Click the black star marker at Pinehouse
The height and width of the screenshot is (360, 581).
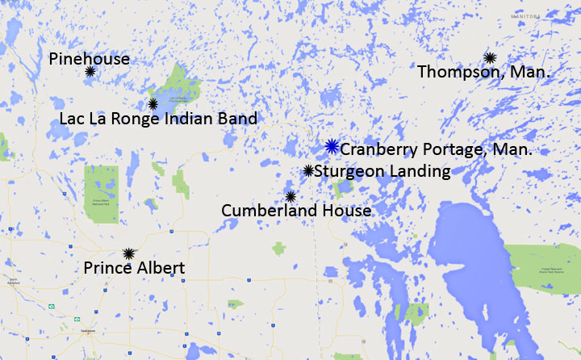pos(90,72)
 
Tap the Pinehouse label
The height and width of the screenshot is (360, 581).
pos(89,58)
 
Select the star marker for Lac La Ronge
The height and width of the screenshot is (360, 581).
pos(153,103)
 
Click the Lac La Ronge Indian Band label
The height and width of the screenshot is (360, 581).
pos(158,119)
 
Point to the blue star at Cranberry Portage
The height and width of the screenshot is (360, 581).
pos(331,146)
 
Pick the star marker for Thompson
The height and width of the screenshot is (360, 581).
pos(490,57)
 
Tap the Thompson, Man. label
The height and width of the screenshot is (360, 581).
pos(484,73)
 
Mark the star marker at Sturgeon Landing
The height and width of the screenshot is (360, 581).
pos(308,170)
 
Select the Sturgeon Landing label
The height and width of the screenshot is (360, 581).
pos(382,171)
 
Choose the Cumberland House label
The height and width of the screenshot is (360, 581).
pos(296,211)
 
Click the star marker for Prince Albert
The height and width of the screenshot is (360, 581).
pos(127,253)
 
